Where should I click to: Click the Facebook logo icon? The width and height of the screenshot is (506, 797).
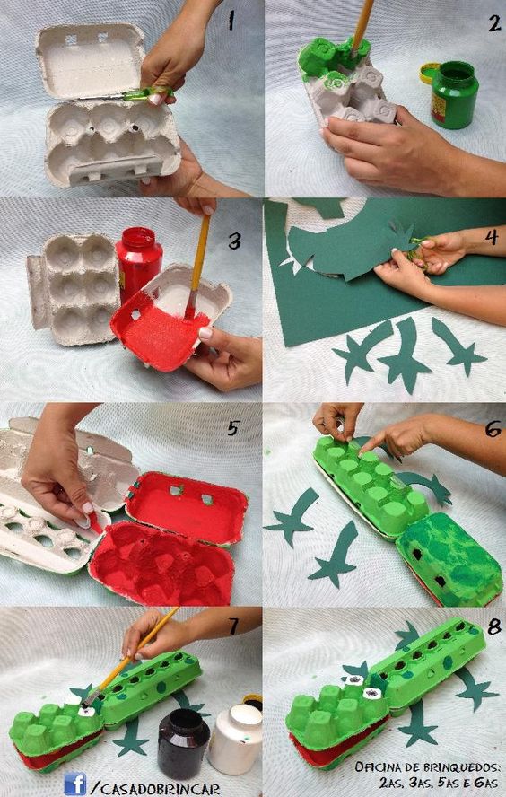click(75, 784)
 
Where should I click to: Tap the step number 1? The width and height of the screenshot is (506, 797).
click(231, 21)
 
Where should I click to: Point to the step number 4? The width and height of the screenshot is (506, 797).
click(492, 237)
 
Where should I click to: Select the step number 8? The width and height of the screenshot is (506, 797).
click(493, 627)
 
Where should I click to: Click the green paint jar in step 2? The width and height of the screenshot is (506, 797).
click(455, 94)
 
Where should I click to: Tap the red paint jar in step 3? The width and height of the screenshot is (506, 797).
click(138, 263)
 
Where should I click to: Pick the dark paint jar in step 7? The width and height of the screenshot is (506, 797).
click(183, 736)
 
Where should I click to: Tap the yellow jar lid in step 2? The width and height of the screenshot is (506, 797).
click(429, 74)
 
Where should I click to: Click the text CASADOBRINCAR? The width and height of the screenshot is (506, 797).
click(160, 789)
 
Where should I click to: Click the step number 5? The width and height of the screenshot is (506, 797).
click(232, 429)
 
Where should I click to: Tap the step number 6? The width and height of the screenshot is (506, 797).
click(493, 430)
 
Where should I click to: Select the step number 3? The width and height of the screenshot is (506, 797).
click(234, 241)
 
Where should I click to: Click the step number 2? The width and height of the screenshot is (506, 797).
click(494, 22)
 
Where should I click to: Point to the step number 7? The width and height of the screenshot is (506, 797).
click(232, 626)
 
